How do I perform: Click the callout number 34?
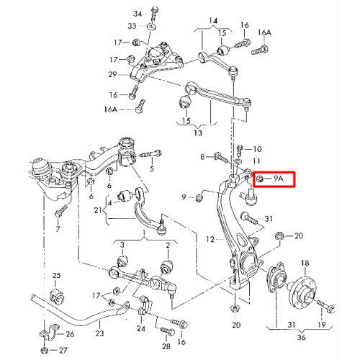coord(138,14)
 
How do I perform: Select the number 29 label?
coord(112,74)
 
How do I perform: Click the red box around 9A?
coord(274,179)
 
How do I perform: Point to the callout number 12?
coord(210,239)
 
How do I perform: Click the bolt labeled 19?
coord(325,305)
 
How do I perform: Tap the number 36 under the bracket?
coord(301,337)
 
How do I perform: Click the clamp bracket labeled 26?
coord(50,332)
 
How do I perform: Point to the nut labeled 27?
coord(45,350)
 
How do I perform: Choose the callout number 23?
coord(99,333)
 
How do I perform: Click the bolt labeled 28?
coord(168,331)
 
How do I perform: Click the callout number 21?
coord(98,210)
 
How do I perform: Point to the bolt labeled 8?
coord(221,157)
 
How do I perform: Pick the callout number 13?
coord(198,132)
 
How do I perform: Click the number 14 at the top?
coord(213,21)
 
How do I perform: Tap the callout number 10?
coord(257,149)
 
